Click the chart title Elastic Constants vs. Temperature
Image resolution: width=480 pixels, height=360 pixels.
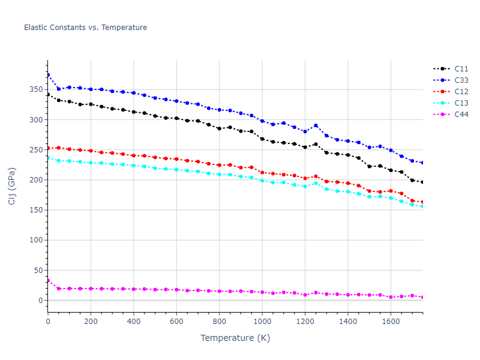coord(85,28)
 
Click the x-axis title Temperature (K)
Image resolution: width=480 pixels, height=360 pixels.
coord(235,338)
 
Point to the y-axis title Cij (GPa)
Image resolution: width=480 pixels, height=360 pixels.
coord(12,186)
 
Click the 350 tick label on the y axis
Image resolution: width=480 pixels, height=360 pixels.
coord(37,90)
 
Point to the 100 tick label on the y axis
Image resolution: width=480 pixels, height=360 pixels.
coord(37,240)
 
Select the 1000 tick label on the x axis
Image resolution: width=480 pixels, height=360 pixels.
coord(262,322)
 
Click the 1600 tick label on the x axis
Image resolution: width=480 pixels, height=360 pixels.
coord(391,322)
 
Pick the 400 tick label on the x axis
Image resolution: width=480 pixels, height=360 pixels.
coord(134,322)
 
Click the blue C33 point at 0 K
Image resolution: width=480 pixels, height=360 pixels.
coord(48,75)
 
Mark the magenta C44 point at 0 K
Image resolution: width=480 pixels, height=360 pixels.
coord(48,280)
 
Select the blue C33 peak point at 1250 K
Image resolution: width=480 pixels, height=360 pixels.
coord(316,125)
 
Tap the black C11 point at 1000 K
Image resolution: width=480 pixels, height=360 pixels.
coord(262,139)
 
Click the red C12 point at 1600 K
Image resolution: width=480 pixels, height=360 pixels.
coord(391,191)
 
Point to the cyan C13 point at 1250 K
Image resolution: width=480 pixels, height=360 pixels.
coord(316,183)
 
